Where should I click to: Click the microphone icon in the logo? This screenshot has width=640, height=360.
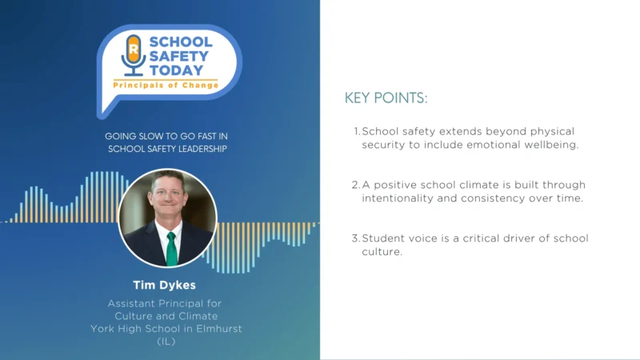(x=133, y=54)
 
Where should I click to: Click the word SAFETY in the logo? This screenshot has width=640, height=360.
(x=180, y=56)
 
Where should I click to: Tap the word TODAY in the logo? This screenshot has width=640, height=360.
(x=178, y=70)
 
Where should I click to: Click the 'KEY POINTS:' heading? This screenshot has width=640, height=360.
(x=386, y=98)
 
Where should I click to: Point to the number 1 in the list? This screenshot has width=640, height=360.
(x=356, y=131)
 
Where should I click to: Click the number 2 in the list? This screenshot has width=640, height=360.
(x=356, y=185)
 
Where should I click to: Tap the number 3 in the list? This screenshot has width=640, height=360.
(x=356, y=238)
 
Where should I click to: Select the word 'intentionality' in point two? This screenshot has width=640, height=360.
(x=398, y=198)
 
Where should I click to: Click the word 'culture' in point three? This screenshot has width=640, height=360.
(x=381, y=252)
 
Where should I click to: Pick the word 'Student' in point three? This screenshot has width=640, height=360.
(x=382, y=238)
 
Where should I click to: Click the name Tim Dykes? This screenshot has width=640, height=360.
(x=166, y=284)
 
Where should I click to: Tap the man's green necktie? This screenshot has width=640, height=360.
(x=170, y=248)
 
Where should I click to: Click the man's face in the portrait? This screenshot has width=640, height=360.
(x=168, y=200)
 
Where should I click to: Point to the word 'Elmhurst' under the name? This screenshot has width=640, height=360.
(x=217, y=329)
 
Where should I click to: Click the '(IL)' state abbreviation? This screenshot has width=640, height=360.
(x=166, y=341)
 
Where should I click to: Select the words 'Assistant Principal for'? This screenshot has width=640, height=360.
(x=166, y=303)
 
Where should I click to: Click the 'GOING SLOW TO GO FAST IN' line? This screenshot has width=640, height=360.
(x=166, y=136)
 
